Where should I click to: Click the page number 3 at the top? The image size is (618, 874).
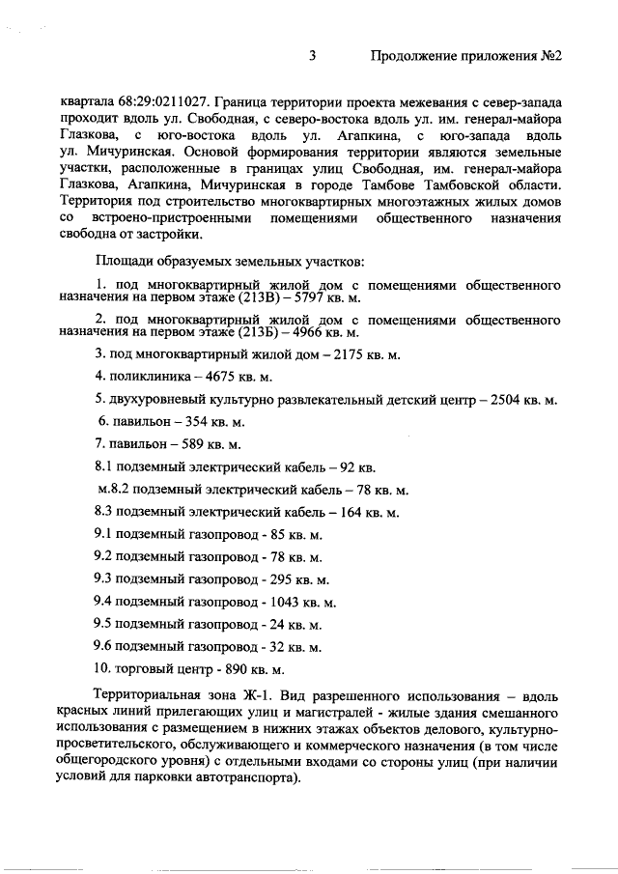point(312,58)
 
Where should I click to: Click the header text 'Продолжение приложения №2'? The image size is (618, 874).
point(466,58)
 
